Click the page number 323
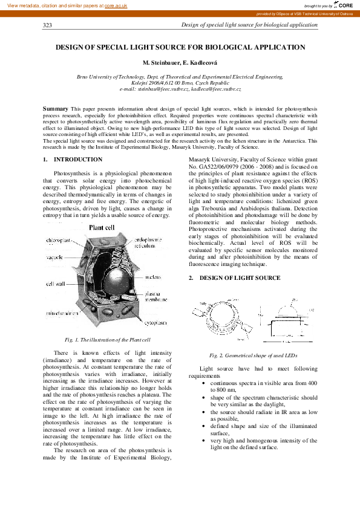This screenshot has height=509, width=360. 48,25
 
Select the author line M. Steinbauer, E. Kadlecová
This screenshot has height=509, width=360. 180,63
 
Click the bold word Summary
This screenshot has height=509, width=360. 55,108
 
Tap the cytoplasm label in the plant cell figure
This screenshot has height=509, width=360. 154,323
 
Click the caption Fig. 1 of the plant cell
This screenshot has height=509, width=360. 102,340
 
